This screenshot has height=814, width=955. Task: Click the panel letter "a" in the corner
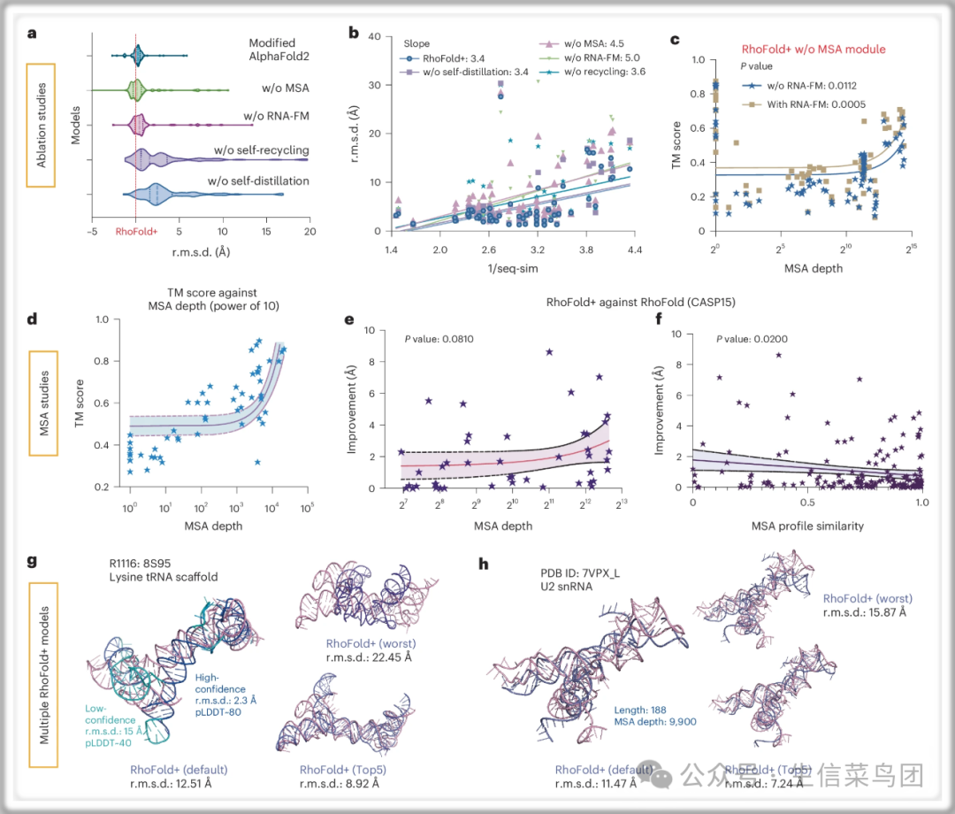click(33, 35)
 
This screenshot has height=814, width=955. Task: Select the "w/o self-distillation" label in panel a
click(258, 181)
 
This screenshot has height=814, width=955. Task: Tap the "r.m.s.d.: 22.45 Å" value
click(371, 657)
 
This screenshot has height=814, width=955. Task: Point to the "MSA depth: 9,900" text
click(655, 722)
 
